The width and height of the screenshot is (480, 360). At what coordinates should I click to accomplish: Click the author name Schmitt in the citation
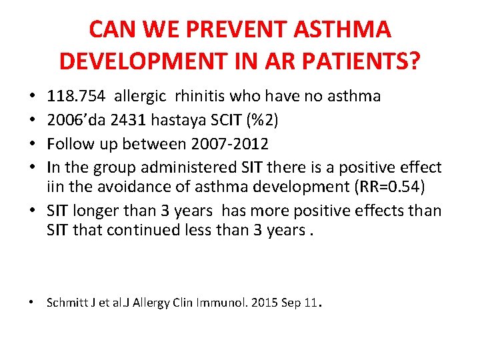click(65, 303)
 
